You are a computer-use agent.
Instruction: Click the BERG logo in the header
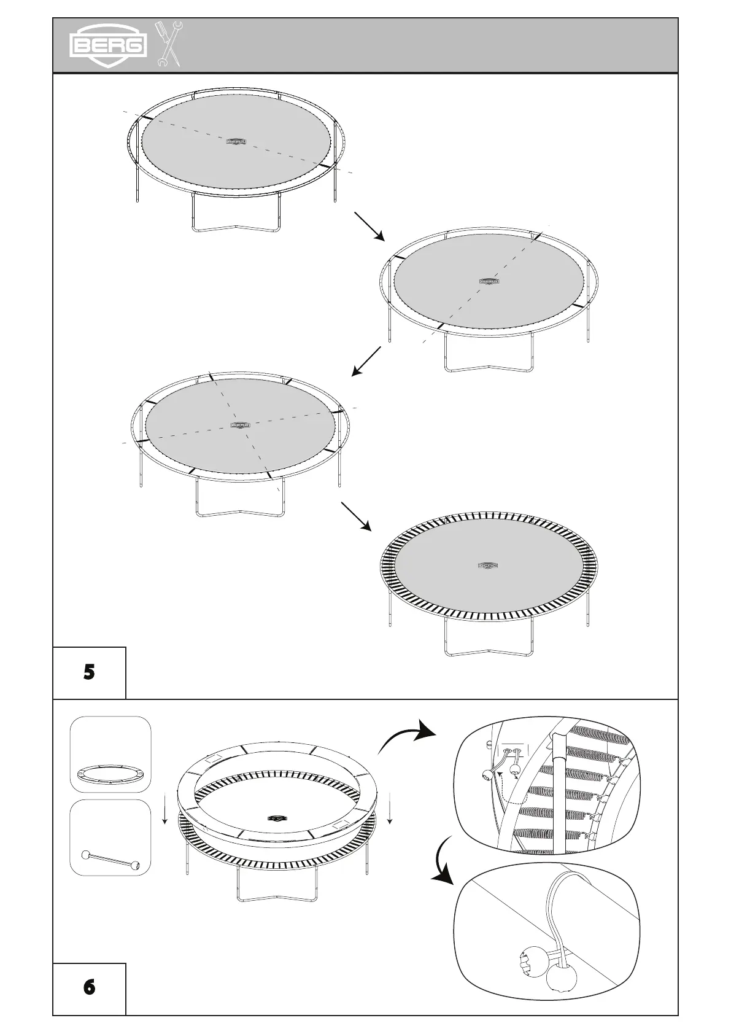pos(109,45)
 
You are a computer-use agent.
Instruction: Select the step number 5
pos(89,672)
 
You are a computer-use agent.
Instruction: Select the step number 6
pos(89,987)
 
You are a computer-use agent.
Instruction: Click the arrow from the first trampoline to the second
pos(369,227)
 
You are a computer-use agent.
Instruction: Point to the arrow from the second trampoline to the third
pos(366,361)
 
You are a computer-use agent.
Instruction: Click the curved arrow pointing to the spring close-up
pos(405,735)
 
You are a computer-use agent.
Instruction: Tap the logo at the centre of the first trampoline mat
pos(236,141)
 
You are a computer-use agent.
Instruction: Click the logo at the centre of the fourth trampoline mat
pos(487,566)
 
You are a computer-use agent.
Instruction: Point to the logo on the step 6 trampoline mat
pos(278,818)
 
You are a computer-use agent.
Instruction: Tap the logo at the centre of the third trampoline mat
pos(240,424)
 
